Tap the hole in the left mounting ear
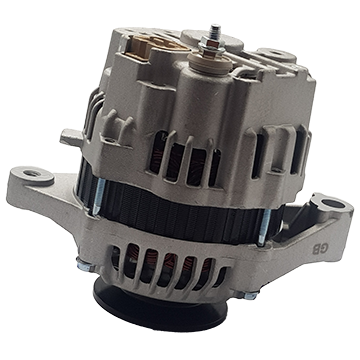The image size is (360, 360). click(x=33, y=173)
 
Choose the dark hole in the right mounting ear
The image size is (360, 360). click(x=329, y=203)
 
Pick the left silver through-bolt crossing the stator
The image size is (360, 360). click(x=99, y=196)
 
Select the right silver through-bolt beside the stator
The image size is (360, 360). click(x=264, y=227)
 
